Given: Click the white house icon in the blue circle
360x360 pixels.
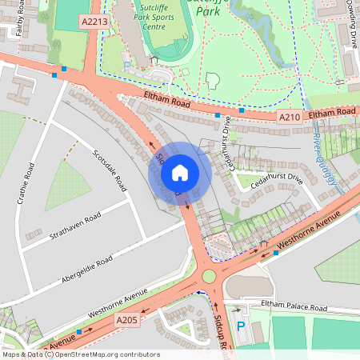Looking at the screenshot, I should click(x=180, y=172).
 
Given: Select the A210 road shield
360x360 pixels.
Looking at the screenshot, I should click(x=289, y=117).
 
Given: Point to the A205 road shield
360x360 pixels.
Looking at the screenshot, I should click(x=126, y=320).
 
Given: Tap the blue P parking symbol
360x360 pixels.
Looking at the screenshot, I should click(x=241, y=326).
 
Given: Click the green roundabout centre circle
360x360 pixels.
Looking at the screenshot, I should click(x=210, y=277).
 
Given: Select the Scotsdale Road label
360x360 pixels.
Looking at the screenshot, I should click(x=110, y=170).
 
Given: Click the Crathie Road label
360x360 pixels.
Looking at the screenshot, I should click(x=23, y=182).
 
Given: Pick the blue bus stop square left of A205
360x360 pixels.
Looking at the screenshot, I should click(x=78, y=331).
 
